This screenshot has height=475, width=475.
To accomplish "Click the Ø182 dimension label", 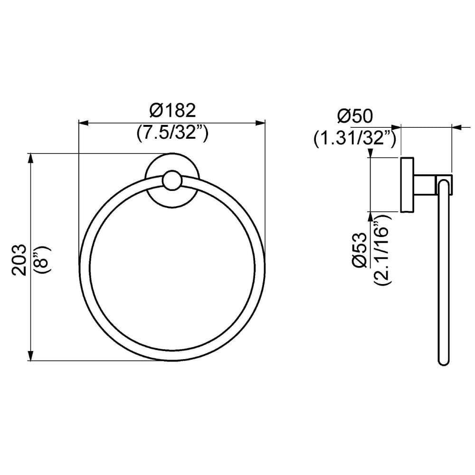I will pyautogui.click(x=172, y=111).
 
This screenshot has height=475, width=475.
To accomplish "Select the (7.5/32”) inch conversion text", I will pyautogui.click(x=172, y=133).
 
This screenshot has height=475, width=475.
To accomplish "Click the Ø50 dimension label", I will pyautogui.click(x=355, y=115).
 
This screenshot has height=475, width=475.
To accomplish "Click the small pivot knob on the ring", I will pyautogui.click(x=171, y=181).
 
